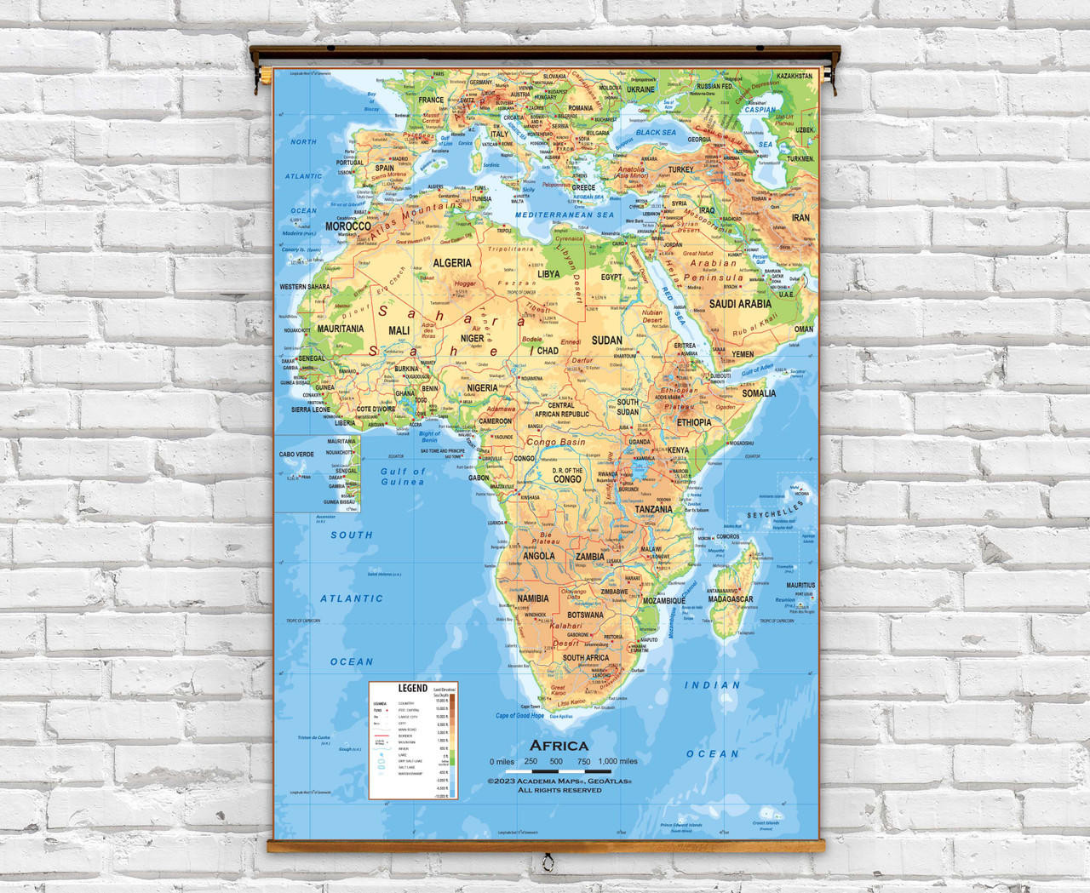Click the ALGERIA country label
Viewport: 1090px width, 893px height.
[x=452, y=263]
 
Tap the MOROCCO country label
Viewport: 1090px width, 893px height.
[x=347, y=227]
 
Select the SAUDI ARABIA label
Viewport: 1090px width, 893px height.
[x=740, y=304]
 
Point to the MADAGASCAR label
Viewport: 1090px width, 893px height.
[x=730, y=599]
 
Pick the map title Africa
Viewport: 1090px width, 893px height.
[x=559, y=746]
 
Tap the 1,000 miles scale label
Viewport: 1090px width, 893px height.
[x=617, y=762]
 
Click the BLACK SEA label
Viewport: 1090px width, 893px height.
[x=656, y=133]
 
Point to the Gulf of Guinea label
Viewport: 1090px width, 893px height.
[x=402, y=477]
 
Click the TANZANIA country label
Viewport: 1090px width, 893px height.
[x=653, y=510]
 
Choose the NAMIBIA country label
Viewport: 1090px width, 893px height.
[x=533, y=599]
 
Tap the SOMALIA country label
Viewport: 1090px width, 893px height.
[x=759, y=393]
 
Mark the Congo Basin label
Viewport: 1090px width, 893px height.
[x=555, y=443]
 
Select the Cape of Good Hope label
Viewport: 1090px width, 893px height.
[x=519, y=716]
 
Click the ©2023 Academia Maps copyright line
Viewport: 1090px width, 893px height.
[x=559, y=780]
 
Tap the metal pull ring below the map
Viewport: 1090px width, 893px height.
[x=547, y=860]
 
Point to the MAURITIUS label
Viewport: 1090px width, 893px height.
[x=800, y=586]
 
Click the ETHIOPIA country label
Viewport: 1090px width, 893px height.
[x=694, y=422]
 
